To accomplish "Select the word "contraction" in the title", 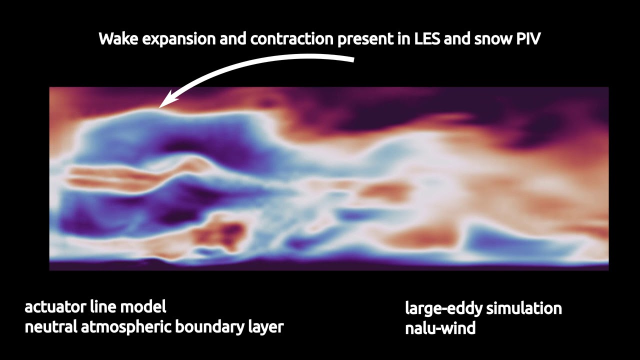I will [x=291, y=39].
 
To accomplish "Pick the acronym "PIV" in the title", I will [x=528, y=39].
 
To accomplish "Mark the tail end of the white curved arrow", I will [x=352, y=59].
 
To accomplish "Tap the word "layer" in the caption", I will [x=265, y=327].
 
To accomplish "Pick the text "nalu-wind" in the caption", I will [x=439, y=328].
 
